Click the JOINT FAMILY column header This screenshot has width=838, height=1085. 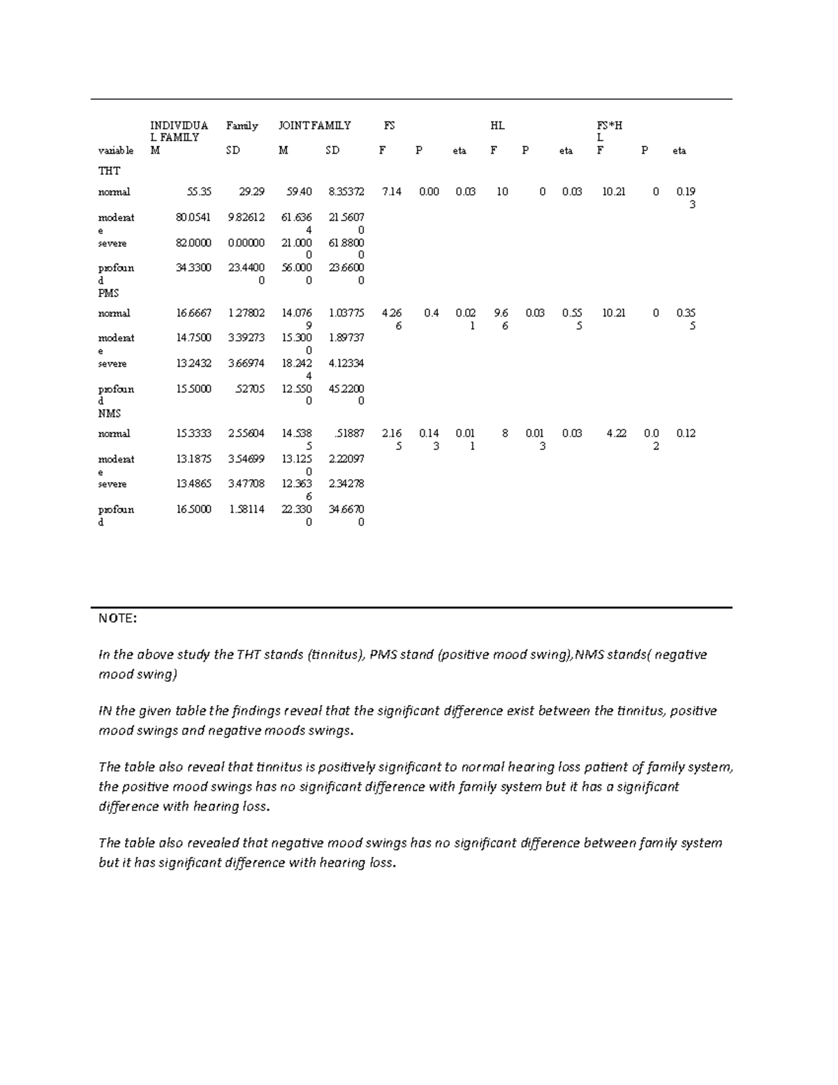coord(314,126)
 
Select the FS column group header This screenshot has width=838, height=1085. coord(389,126)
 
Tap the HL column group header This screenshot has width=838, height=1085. coord(497,126)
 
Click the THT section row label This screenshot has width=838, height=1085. coord(109,170)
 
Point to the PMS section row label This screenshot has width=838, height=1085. coord(109,293)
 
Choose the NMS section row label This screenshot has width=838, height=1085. coord(109,413)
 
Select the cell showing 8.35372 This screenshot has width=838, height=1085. coord(346,191)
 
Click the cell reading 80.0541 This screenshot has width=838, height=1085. coord(193,217)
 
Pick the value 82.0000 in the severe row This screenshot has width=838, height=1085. coord(193,243)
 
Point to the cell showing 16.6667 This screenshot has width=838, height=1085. coord(193,313)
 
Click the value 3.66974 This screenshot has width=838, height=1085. coord(247,363)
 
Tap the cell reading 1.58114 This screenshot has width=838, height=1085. coord(247,509)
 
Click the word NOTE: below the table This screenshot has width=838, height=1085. coord(117,618)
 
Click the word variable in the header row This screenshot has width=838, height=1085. coord(116,150)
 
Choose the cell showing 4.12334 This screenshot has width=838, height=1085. coord(346,363)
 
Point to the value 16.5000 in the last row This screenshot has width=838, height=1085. coord(193,509)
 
